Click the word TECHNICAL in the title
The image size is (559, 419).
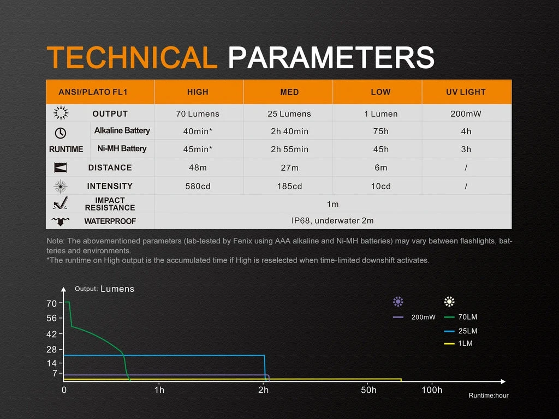point(132,57)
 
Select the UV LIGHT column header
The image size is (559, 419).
point(466,92)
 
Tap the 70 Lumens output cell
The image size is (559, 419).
point(198,114)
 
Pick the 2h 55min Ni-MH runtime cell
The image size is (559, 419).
point(289,149)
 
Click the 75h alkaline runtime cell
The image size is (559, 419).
point(380,131)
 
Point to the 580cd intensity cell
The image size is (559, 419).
point(198,187)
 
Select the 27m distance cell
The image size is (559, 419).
point(289,168)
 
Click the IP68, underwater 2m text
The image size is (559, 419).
point(332,221)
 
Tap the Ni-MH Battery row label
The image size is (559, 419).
point(122,149)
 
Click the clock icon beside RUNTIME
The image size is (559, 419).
point(61,133)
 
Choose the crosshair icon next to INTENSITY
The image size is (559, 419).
point(61,186)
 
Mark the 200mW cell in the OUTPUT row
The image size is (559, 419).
point(466,114)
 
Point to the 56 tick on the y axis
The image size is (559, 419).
point(52,318)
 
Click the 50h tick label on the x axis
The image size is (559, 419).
point(368,390)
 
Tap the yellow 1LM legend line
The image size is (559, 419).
point(449,344)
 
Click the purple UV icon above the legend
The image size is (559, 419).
point(398,302)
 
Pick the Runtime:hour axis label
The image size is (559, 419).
point(489,396)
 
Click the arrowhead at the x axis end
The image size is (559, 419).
point(503,381)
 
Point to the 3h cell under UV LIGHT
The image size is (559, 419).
point(466,149)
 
